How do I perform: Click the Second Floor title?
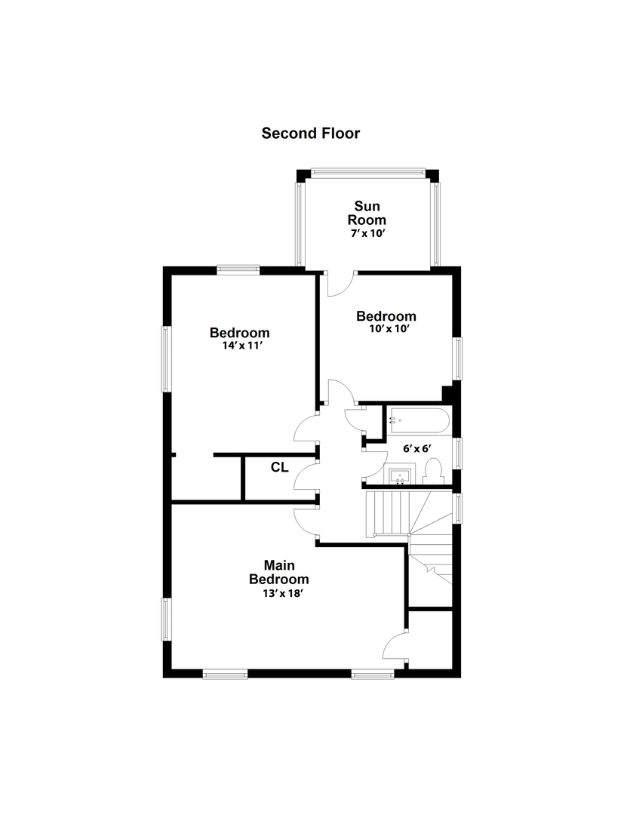pyautogui.click(x=310, y=134)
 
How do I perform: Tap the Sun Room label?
pyautogui.click(x=367, y=213)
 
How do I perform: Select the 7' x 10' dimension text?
pyautogui.click(x=367, y=233)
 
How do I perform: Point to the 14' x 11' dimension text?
pyautogui.click(x=241, y=345)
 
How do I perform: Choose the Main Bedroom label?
pyautogui.click(x=279, y=572)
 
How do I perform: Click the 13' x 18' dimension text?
pyautogui.click(x=282, y=593)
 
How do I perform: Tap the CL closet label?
pyautogui.click(x=280, y=467)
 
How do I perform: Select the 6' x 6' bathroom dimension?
pyautogui.click(x=417, y=448)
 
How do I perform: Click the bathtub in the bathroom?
pyautogui.click(x=419, y=421)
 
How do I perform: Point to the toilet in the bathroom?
pyautogui.click(x=432, y=471)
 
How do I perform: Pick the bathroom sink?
pyautogui.click(x=400, y=476)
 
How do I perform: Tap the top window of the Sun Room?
pyautogui.click(x=368, y=171)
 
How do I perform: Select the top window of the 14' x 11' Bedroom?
pyautogui.click(x=238, y=269)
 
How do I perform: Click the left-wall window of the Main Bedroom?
pyautogui.click(x=166, y=619)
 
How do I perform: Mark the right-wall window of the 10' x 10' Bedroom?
pyautogui.click(x=459, y=358)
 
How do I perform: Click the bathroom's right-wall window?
pyautogui.click(x=457, y=454)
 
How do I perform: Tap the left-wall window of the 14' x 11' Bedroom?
pyautogui.click(x=166, y=358)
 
